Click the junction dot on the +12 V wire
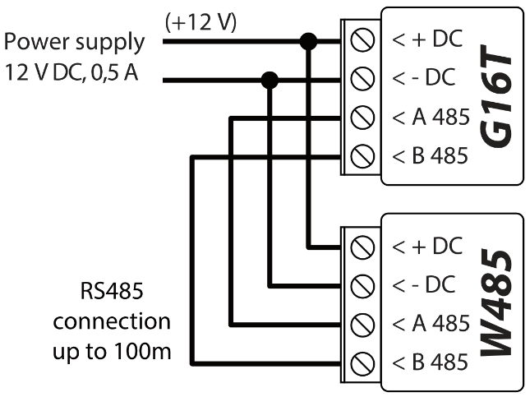pos(309,41)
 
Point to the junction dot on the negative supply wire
pos(269,80)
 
